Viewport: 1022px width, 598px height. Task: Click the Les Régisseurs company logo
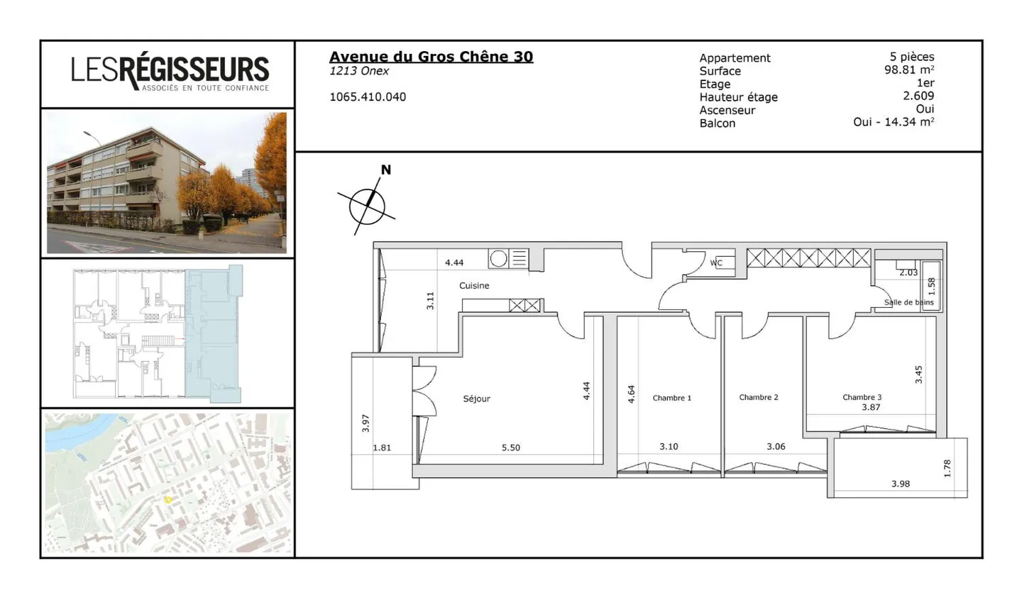[170, 73]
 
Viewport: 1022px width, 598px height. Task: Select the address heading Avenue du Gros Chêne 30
[431, 57]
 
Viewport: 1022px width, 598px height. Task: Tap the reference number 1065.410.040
[368, 97]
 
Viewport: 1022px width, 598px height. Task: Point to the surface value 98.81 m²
[908, 70]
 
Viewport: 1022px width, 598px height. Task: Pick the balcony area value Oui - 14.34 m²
[893, 122]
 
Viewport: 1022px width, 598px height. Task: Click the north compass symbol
[367, 206]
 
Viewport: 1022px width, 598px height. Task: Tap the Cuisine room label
[474, 286]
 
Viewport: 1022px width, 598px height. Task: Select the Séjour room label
[476, 399]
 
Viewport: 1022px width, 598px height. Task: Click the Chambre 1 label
[671, 398]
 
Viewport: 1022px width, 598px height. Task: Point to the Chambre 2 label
[758, 397]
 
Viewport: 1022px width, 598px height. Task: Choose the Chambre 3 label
[862, 397]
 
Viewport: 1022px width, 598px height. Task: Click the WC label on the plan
[716, 263]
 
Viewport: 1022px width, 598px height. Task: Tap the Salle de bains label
[908, 302]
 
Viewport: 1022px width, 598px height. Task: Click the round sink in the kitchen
[498, 259]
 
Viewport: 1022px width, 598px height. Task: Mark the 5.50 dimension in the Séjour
[510, 448]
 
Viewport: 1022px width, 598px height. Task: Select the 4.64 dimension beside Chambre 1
[631, 394]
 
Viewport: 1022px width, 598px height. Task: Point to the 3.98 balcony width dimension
[900, 484]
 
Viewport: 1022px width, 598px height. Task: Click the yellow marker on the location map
[168, 499]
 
